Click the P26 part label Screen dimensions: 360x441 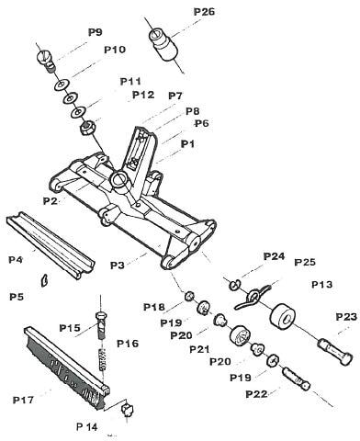[204, 12]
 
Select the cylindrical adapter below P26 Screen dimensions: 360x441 [163, 44]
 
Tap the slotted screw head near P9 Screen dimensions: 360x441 [46, 60]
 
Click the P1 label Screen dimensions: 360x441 [187, 143]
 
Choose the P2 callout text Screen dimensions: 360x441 [51, 201]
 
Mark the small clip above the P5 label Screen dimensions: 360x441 [43, 280]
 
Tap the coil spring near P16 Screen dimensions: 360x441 [102, 357]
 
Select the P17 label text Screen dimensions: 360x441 [23, 400]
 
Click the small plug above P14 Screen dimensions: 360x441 [128, 409]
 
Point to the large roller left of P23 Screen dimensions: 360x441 [283, 318]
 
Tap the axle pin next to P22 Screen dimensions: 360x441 [296, 379]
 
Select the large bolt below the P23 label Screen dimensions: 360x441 [334, 352]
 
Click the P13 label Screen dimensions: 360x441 [321, 285]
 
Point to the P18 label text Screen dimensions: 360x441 [154, 307]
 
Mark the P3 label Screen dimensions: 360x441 [118, 266]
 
